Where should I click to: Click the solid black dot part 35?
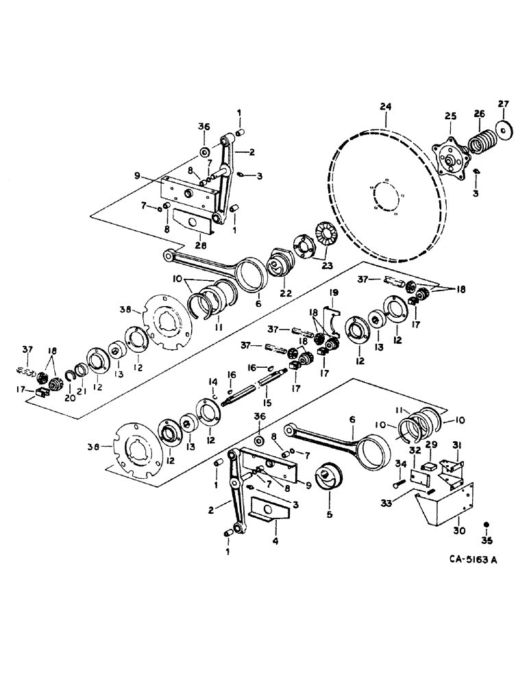[487, 525]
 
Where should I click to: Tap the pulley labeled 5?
[329, 480]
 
